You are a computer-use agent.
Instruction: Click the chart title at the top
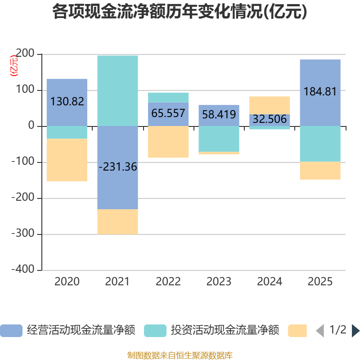tap(180, 12)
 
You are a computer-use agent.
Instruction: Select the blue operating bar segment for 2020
tap(67, 103)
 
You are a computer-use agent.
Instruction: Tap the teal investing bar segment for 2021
tap(117, 91)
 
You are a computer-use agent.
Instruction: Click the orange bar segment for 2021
tap(117, 222)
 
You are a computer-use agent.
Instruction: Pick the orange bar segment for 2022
tap(168, 142)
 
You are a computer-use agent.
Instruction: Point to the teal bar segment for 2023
tap(219, 139)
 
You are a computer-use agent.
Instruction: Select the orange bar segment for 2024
tap(270, 105)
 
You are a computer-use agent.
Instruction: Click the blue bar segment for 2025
tap(320, 93)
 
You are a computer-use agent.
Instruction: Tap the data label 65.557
tap(168, 113)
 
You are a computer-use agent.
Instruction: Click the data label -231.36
tap(118, 166)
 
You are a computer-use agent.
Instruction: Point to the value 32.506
tap(270, 119)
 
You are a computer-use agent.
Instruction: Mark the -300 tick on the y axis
tap(23, 233)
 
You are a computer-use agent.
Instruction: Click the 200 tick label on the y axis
tap(25, 53)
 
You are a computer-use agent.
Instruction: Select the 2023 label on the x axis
tap(219, 282)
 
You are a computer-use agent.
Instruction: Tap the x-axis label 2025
tap(320, 282)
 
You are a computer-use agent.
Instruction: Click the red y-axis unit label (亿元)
tap(14, 66)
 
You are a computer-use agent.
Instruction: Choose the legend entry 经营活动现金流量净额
tap(68, 330)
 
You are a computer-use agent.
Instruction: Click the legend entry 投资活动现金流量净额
tap(211, 330)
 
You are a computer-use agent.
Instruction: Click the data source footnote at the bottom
tap(180, 355)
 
